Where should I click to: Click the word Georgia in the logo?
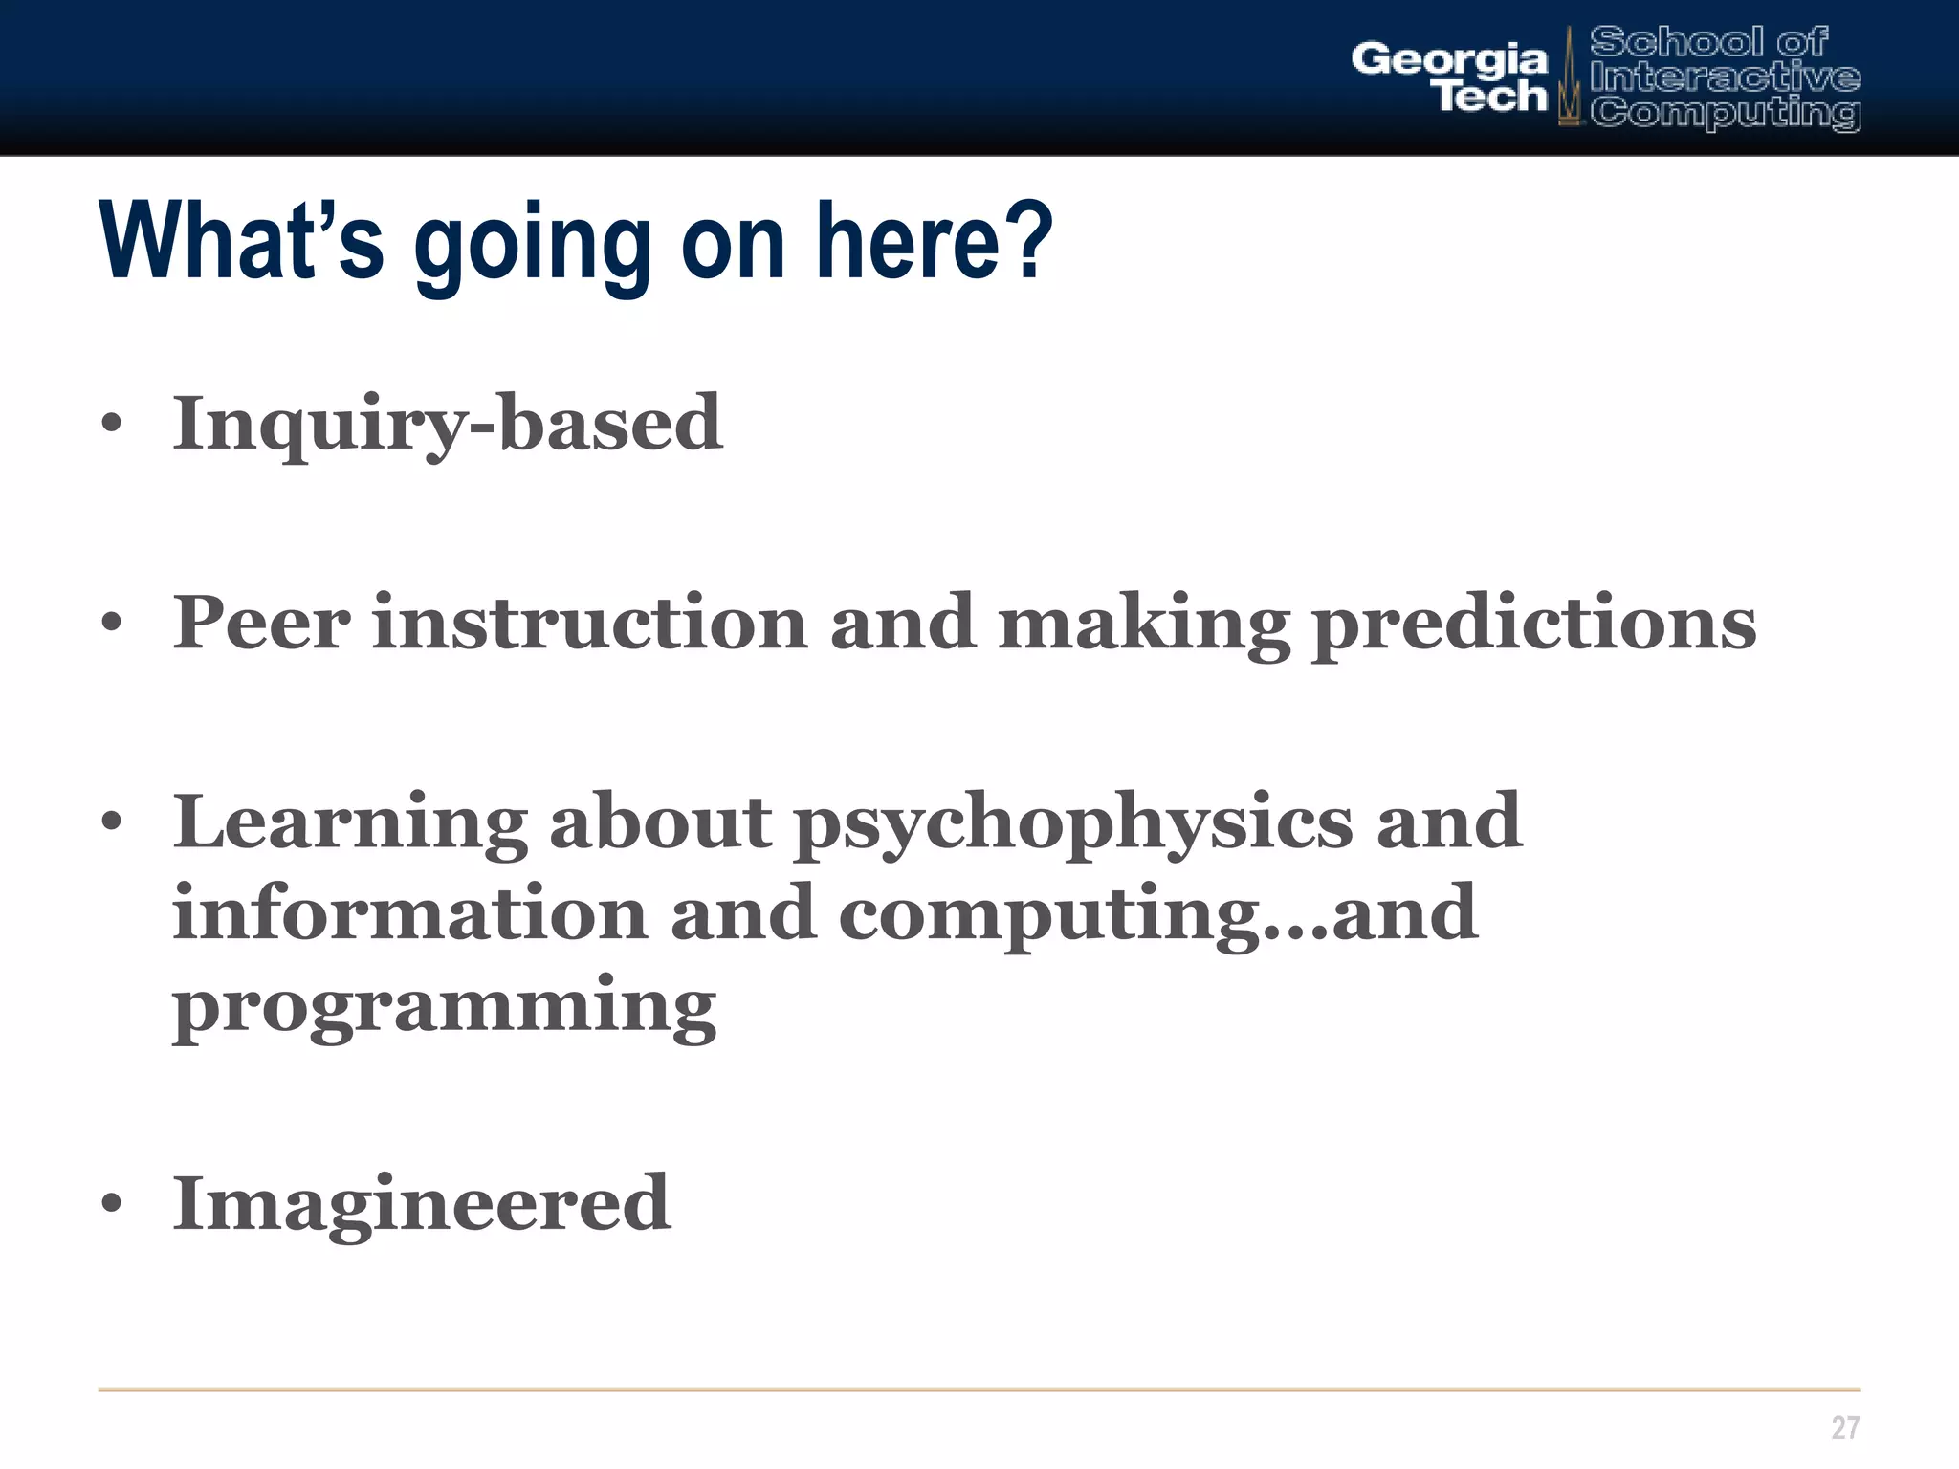pyautogui.click(x=1448, y=59)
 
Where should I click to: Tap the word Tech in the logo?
pyautogui.click(x=1490, y=97)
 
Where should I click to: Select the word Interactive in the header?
pyautogui.click(x=1726, y=77)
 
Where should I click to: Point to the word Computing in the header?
pyautogui.click(x=1726, y=112)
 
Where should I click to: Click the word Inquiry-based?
pyautogui.click(x=447, y=423)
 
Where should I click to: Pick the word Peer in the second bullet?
pyautogui.click(x=261, y=623)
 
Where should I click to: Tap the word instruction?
pyautogui.click(x=589, y=623)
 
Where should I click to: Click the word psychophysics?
pyautogui.click(x=1073, y=823)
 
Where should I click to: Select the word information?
pyautogui.click(x=410, y=913)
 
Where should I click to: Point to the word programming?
pyautogui.click(x=444, y=1006)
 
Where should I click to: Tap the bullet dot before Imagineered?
pyautogui.click(x=112, y=1204)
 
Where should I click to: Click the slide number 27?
pyautogui.click(x=1845, y=1428)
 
